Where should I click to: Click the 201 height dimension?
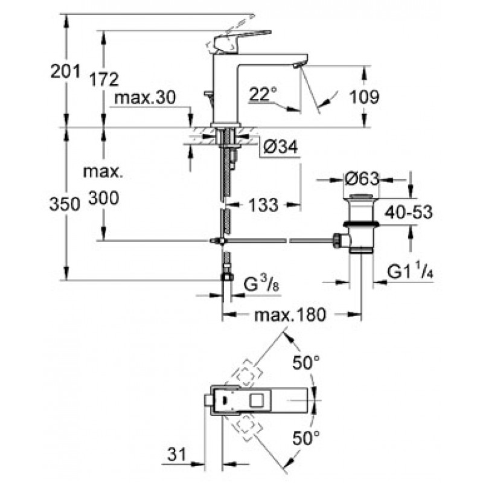tap(65, 71)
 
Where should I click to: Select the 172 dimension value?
tap(104, 79)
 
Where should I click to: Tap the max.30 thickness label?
tap(145, 98)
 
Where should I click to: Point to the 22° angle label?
tap(263, 94)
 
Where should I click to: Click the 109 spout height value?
tap(365, 97)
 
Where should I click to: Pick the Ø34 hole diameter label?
tap(281, 147)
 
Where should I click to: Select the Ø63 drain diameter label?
tap(362, 179)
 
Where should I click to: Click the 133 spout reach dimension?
tap(263, 205)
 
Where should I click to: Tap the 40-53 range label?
tap(409, 213)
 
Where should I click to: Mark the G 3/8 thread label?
tap(261, 284)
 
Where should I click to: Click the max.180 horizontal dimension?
tap(290, 315)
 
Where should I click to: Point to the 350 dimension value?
tap(65, 204)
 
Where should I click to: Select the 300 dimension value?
tap(104, 198)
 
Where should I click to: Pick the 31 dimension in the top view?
tap(177, 455)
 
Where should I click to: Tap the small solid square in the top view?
tap(224, 400)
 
